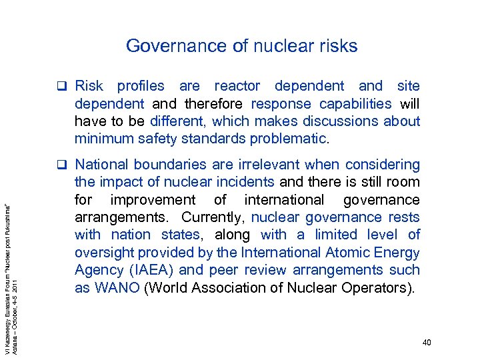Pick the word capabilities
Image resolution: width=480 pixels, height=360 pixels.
355,103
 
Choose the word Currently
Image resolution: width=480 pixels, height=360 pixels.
215,217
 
